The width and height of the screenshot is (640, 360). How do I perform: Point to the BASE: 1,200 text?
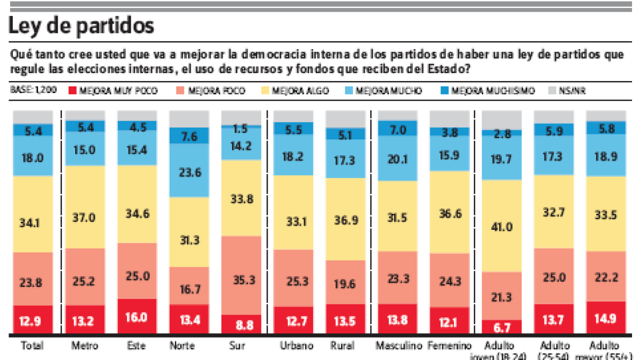click(x=34, y=91)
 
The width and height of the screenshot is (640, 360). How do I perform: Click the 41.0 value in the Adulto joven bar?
click(x=501, y=226)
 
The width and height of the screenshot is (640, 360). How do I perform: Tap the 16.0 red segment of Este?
click(x=137, y=316)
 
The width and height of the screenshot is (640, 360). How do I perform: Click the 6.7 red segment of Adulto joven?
click(x=501, y=326)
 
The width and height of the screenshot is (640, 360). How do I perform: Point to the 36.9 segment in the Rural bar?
click(x=345, y=219)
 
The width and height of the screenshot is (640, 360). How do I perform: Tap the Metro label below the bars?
click(x=85, y=346)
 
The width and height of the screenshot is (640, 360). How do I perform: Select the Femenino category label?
click(x=449, y=346)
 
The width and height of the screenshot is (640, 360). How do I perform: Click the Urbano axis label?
click(x=293, y=346)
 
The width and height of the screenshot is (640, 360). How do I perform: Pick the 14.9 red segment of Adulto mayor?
click(x=606, y=318)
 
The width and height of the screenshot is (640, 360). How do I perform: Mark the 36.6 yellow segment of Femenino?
click(x=449, y=212)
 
